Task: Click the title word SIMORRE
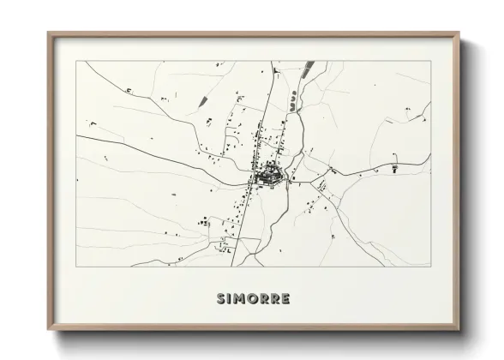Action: (254, 299)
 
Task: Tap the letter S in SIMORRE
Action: (223, 299)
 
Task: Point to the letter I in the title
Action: (231, 299)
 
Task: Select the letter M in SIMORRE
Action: (241, 299)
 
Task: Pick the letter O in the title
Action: (253, 299)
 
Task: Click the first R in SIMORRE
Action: (264, 299)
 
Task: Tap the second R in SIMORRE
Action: (274, 299)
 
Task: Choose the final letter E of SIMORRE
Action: (285, 299)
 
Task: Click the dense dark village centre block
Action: (269, 177)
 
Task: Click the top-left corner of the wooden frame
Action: (49, 34)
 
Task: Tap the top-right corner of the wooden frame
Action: (459, 34)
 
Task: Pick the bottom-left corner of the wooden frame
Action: (49, 331)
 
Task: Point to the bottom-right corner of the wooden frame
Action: (459, 331)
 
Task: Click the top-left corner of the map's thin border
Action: (77, 62)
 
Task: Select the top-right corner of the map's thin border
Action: (430, 62)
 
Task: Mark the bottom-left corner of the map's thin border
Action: (77, 266)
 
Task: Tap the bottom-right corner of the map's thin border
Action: (430, 266)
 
